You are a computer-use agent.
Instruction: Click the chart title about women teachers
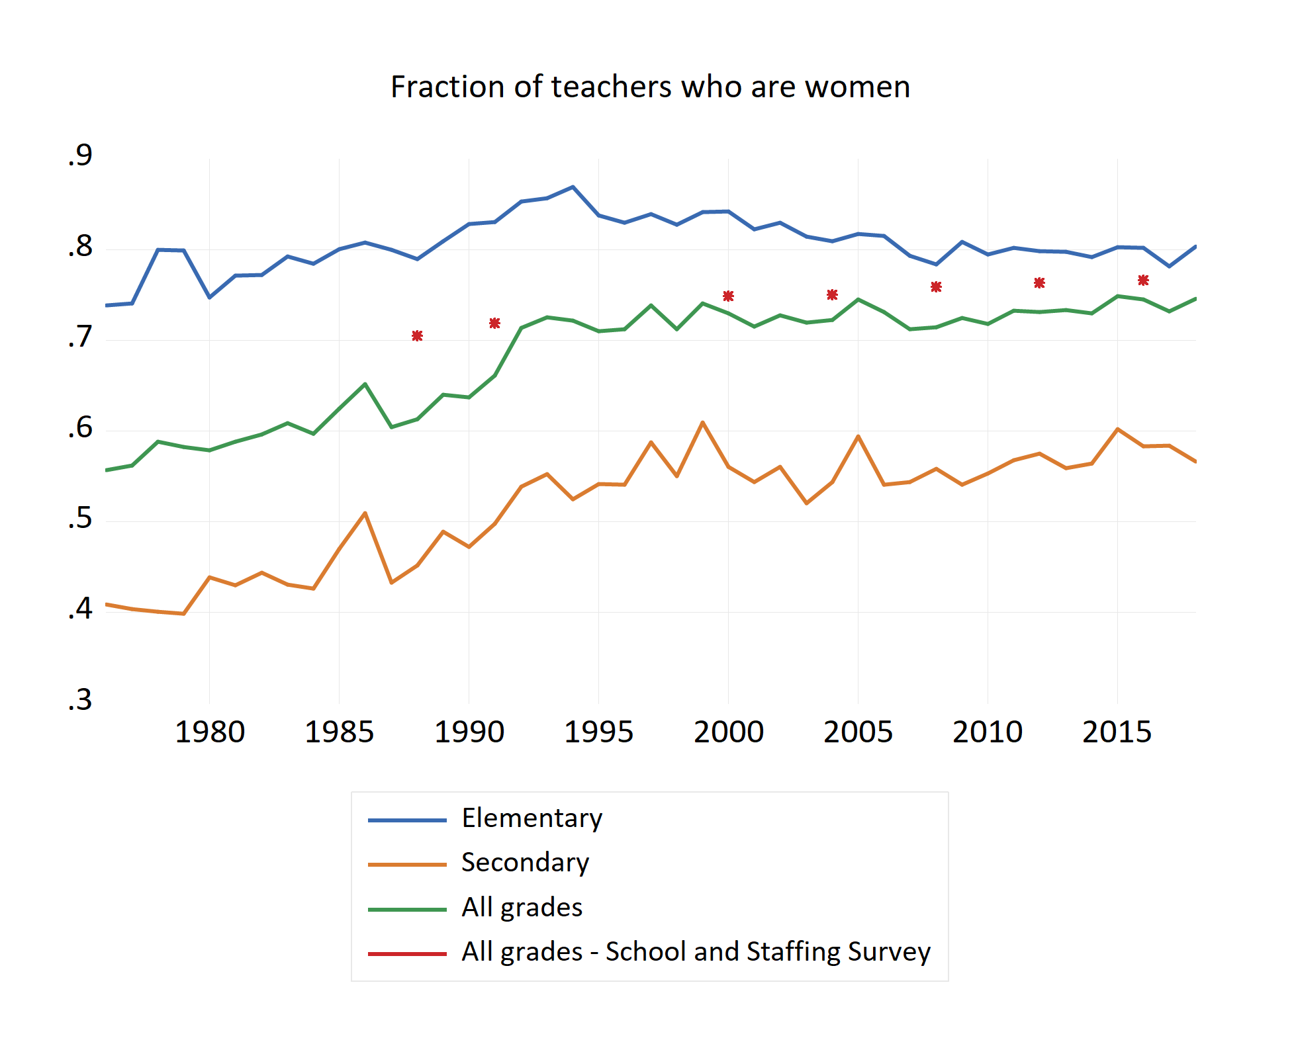(650, 87)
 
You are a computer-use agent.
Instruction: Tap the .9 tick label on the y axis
(80, 156)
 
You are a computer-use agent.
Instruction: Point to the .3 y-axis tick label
(80, 701)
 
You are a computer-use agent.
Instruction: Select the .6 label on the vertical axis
(80, 429)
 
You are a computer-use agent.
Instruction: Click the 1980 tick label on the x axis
(210, 732)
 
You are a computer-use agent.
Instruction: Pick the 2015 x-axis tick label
(1117, 732)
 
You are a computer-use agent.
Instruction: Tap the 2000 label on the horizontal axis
(728, 732)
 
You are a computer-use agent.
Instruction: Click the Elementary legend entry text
(532, 818)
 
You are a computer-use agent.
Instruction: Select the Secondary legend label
(525, 863)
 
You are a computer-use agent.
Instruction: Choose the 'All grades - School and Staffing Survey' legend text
(696, 952)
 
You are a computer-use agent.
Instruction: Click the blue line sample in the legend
(407, 820)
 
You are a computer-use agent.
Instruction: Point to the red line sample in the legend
(407, 954)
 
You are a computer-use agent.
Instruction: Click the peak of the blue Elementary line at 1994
(573, 187)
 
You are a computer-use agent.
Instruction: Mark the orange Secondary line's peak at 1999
(702, 422)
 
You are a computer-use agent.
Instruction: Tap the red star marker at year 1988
(417, 336)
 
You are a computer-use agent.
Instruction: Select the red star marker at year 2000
(728, 296)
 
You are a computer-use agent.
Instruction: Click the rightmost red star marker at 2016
(1143, 281)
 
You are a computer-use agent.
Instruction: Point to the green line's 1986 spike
(365, 384)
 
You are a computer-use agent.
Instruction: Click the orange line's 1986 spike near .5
(365, 513)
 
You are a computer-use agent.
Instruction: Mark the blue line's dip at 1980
(210, 298)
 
